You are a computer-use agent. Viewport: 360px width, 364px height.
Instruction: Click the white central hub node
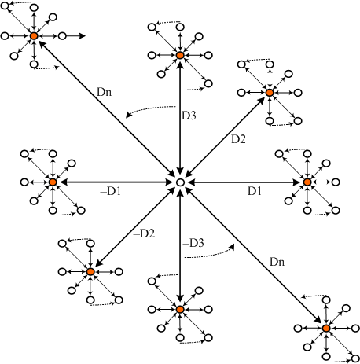tap(180, 182)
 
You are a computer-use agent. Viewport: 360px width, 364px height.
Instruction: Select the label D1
tap(255, 191)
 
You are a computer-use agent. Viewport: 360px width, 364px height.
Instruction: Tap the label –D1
tap(111, 192)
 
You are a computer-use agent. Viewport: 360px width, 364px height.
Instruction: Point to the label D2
tap(238, 139)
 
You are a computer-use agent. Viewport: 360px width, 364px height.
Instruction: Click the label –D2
tap(144, 233)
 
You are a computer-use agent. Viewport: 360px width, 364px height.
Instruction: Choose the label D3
tap(189, 116)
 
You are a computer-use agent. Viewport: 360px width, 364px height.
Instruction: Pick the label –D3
tap(193, 243)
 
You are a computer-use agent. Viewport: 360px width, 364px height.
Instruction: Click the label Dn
tap(104, 92)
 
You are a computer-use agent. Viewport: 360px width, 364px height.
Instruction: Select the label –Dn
tap(274, 262)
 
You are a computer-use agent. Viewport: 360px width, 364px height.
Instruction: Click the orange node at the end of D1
tap(307, 182)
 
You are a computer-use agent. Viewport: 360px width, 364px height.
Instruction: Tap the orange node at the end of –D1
tap(53, 182)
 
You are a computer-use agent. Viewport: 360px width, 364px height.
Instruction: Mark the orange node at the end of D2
tap(270, 93)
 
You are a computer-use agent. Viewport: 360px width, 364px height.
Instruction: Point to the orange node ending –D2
tap(90, 272)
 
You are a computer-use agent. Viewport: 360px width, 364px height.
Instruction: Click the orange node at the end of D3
tap(180, 55)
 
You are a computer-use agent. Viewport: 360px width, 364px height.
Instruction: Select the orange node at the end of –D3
tap(180, 310)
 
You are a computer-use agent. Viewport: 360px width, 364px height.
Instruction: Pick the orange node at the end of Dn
tap(34, 36)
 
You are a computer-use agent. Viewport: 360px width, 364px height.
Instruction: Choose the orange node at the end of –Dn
tap(326, 328)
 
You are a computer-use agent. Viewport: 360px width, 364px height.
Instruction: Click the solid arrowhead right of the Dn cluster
tap(83, 36)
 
